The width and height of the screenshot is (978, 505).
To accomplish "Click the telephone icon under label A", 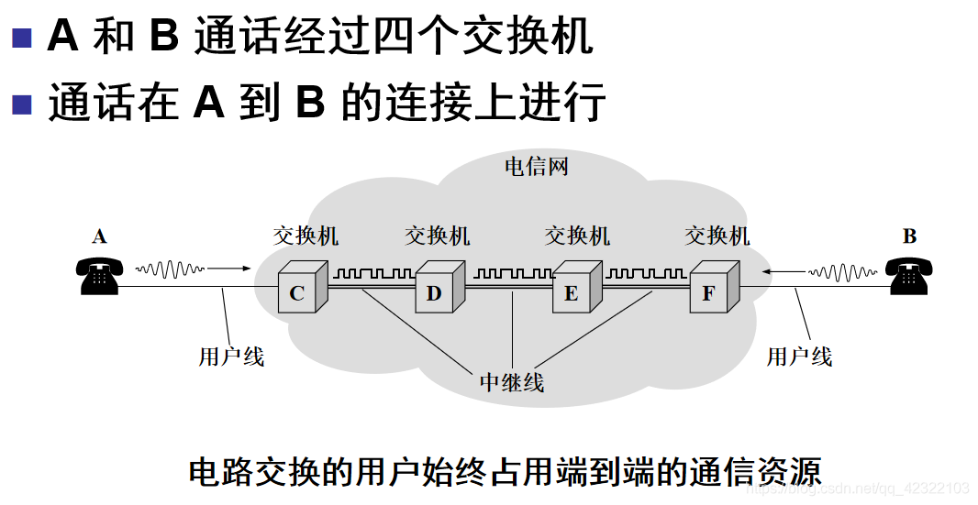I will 98,276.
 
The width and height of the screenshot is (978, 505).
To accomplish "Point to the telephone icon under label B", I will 909,276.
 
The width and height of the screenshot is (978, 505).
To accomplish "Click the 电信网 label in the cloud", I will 537,166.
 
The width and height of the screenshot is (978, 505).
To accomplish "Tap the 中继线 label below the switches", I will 512,381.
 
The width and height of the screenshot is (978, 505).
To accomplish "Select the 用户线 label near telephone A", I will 231,356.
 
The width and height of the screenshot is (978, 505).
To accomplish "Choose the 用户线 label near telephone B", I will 799,356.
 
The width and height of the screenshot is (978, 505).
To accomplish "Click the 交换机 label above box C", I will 306,236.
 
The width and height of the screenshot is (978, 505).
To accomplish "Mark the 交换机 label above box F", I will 717,236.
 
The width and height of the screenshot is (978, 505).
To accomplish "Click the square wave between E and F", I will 646,273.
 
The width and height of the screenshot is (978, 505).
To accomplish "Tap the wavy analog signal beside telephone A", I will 170,269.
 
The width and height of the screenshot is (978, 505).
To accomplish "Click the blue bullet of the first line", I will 21,38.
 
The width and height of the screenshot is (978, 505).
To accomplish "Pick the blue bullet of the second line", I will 21,104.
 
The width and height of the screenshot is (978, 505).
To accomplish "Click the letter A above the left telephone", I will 99,237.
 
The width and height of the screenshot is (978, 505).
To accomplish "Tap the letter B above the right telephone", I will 909,236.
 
